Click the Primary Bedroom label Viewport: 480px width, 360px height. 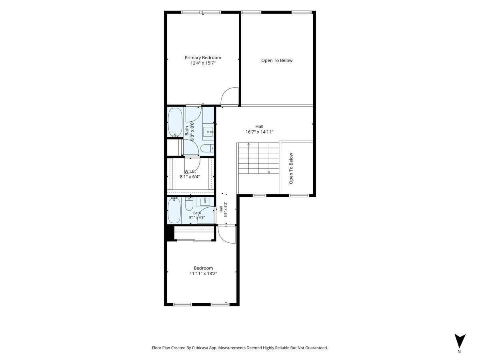tap(203, 58)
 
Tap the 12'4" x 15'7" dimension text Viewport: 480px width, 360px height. tap(203, 63)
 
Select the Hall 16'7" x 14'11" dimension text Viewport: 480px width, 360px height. tap(259, 132)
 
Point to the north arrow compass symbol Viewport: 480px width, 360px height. tap(460, 341)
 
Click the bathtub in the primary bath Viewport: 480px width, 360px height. tap(175, 122)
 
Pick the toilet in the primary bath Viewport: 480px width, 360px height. tap(207, 148)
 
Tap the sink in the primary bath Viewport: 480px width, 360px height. tap(208, 132)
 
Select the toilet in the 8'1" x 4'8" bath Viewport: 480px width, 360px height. tap(189, 204)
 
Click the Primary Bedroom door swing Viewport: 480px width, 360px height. tap(229, 96)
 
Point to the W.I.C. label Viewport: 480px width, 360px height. tap(190, 172)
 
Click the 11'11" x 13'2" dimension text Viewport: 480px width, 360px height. tap(203, 274)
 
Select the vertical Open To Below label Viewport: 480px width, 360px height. tap(291, 168)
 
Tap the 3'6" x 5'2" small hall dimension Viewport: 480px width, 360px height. tap(226, 209)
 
